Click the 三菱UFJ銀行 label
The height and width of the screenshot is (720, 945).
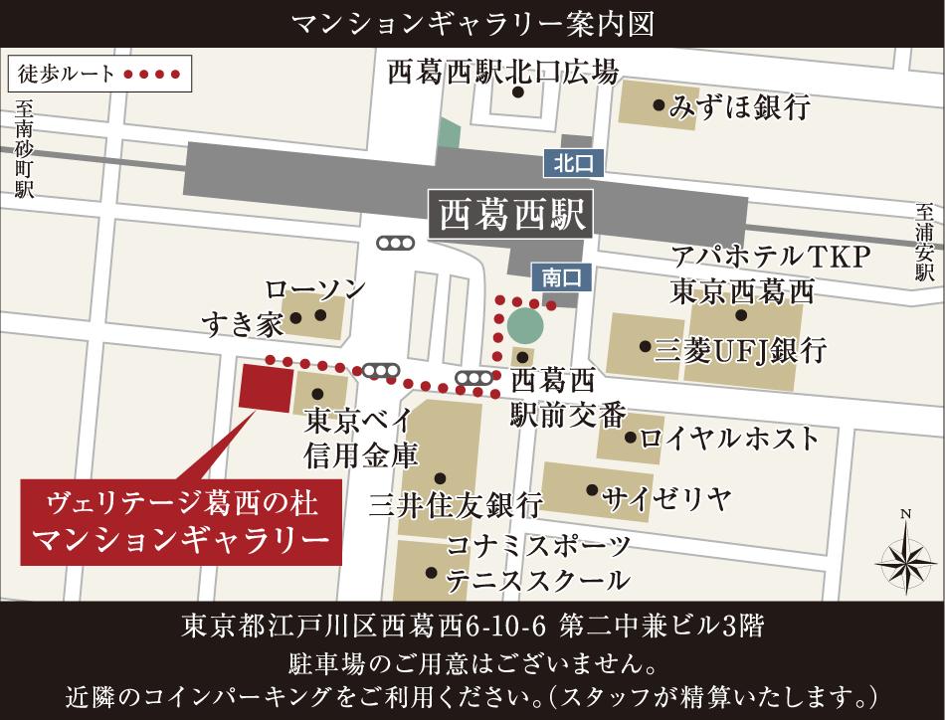coord(740,350)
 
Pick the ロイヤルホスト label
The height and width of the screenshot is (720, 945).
coord(730,438)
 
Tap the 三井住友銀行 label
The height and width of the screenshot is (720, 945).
coord(456,504)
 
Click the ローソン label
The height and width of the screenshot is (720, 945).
coord(314,289)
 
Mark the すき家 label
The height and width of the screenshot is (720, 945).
coord(243,321)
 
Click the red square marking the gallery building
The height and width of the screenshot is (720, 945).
coord(267,386)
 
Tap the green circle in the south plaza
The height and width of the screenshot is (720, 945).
coord(524,324)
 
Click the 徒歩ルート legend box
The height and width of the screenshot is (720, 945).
coord(97,74)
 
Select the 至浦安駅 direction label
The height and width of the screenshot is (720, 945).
coord(925,243)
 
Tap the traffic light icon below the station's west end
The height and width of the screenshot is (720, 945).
coord(395,243)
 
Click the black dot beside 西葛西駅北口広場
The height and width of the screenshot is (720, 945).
coord(518,92)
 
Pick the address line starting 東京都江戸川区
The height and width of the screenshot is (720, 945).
coord(472,627)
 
